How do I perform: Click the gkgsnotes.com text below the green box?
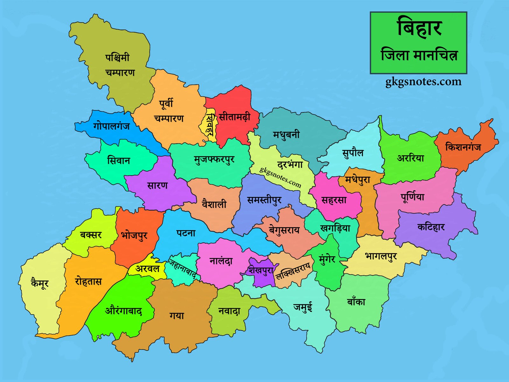click(423, 82)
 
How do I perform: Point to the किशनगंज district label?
click(463, 147)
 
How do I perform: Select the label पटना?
click(186, 233)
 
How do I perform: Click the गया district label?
click(177, 315)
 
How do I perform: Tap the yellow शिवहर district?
click(209, 125)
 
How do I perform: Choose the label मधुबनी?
click(286, 135)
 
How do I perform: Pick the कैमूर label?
click(39, 283)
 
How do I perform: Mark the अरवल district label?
click(147, 269)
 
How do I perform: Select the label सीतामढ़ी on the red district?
click(234, 117)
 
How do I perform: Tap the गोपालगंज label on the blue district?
click(111, 126)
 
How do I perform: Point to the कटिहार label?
click(431, 227)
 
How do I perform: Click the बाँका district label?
click(356, 301)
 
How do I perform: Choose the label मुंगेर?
click(327, 259)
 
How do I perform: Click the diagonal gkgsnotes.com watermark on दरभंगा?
click(280, 177)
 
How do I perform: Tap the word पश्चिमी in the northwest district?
click(117, 58)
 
